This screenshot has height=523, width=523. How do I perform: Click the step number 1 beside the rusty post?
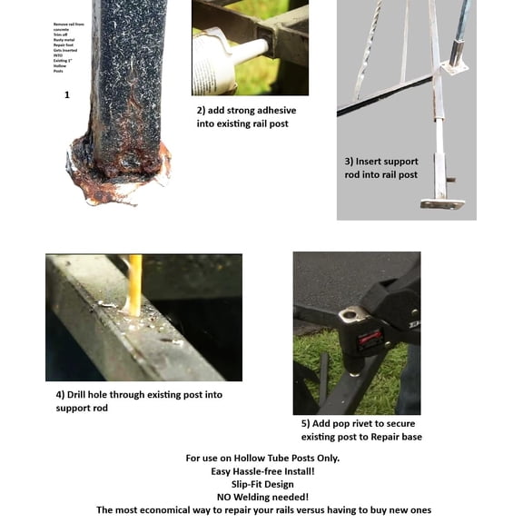point(66,94)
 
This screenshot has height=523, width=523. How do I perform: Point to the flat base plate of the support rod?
point(442,203)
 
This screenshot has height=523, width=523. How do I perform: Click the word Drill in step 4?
point(83,395)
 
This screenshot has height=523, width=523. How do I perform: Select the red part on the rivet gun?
point(369,341)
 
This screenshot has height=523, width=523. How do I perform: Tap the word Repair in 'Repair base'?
point(385,437)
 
